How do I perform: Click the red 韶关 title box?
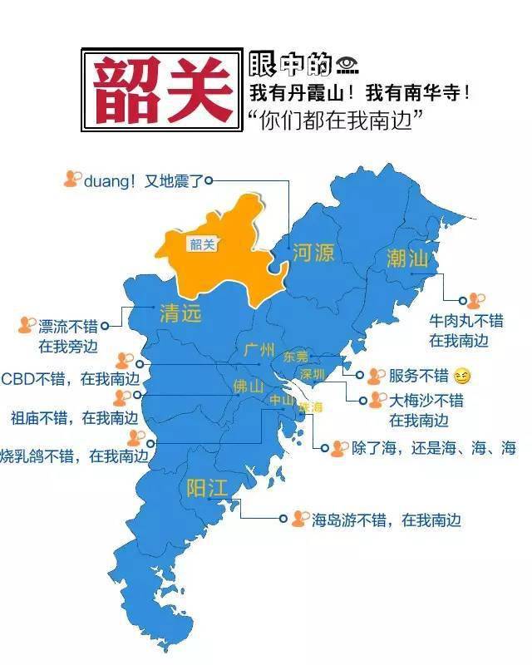(x=162, y=90)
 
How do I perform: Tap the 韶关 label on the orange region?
(x=202, y=244)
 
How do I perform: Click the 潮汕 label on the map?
(x=407, y=259)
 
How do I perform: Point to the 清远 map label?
(x=180, y=313)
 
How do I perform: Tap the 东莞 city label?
(x=295, y=357)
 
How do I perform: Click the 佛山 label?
(x=248, y=387)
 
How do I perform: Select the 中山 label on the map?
(x=281, y=400)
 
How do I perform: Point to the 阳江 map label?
(x=206, y=488)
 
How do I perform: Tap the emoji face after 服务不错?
(x=462, y=377)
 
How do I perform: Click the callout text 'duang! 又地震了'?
(x=143, y=180)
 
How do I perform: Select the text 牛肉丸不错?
(x=465, y=321)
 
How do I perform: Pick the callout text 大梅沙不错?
(x=426, y=401)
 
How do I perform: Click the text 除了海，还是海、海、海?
(x=433, y=449)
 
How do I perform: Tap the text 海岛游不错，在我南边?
(x=386, y=520)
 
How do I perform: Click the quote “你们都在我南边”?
(x=336, y=119)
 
